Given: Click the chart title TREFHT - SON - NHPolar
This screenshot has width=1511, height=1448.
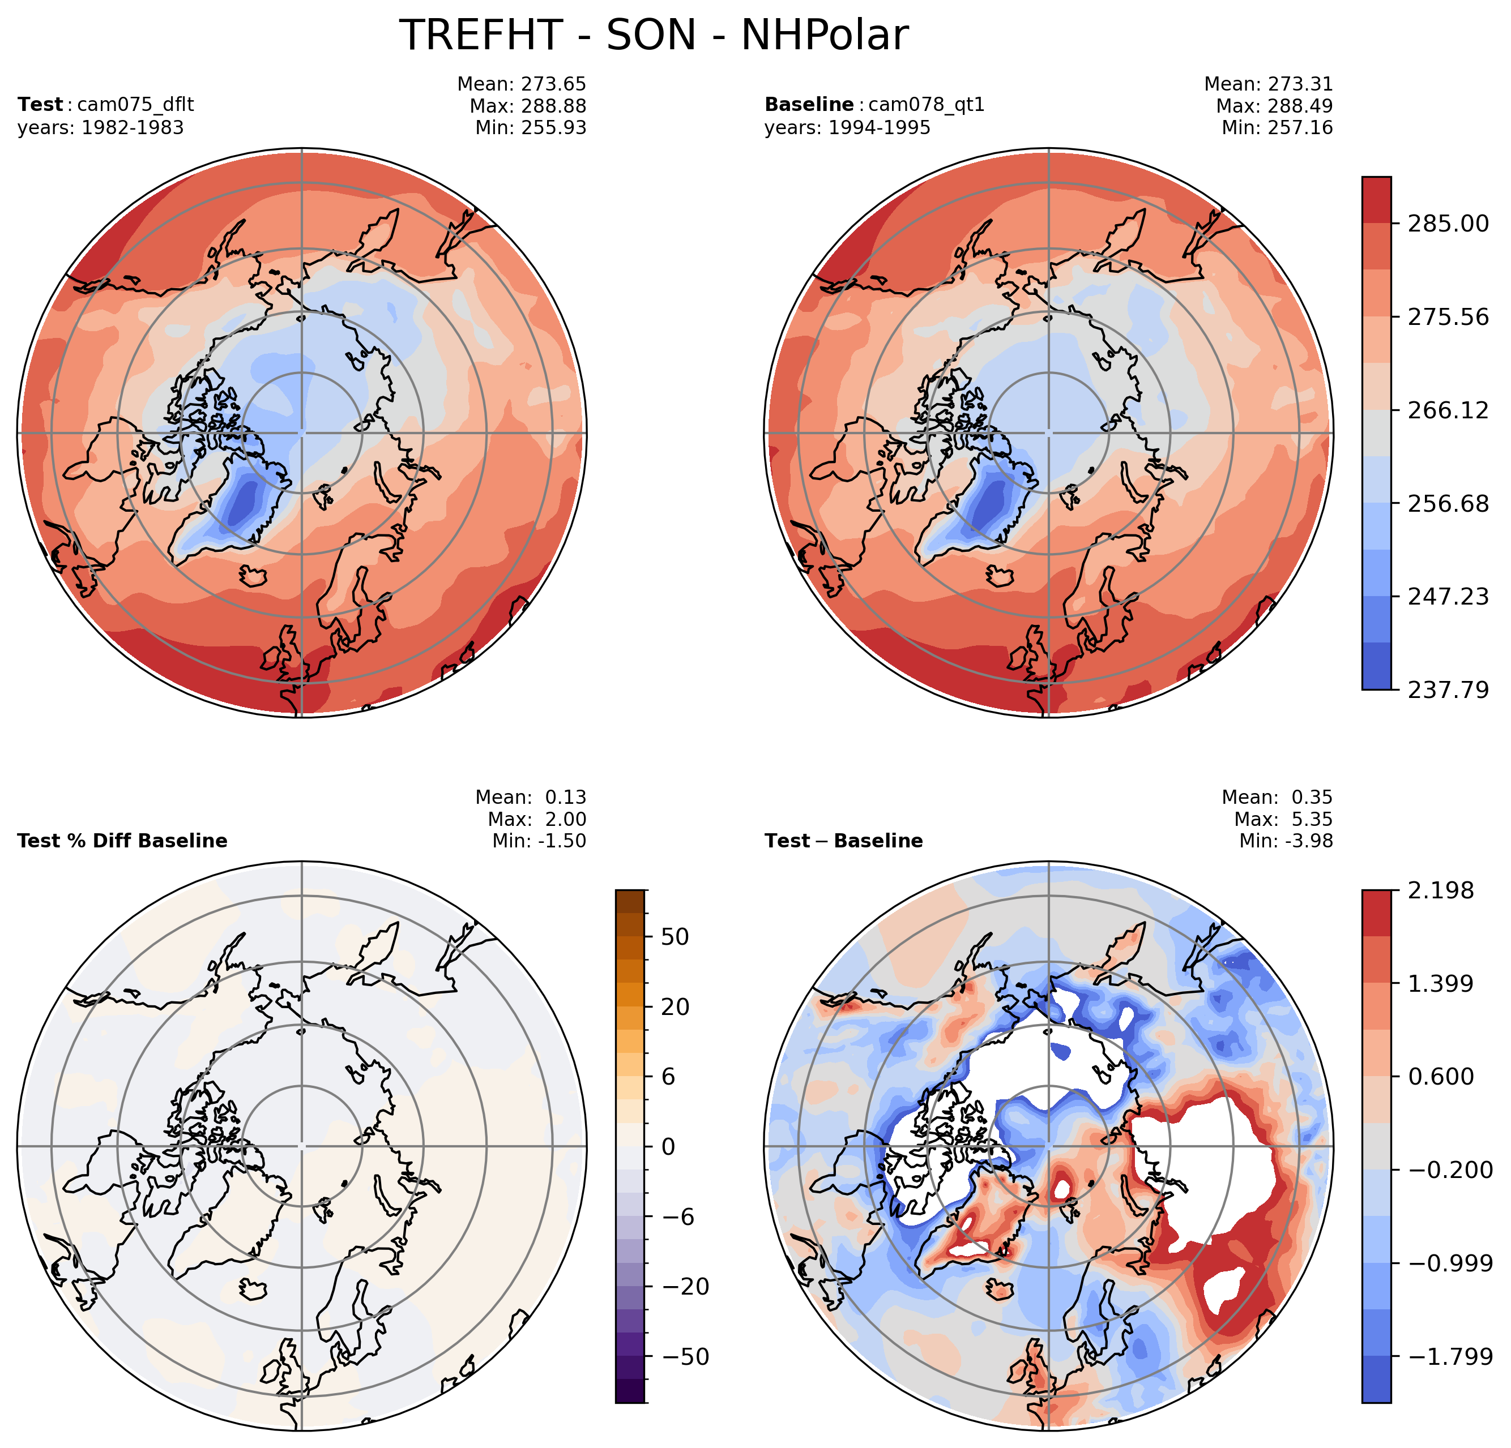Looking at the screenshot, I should click(654, 36).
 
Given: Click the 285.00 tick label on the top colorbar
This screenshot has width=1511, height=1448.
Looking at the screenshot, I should click(1448, 224).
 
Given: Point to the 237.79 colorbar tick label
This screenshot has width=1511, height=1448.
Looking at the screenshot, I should click(1448, 689).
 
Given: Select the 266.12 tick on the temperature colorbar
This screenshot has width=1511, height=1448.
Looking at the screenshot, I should click(1448, 410).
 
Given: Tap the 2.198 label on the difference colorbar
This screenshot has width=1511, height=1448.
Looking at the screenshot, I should click(1440, 891).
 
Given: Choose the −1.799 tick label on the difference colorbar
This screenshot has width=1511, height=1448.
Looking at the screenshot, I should click(1450, 1357).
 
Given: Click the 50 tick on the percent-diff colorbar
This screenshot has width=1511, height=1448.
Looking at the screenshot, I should click(675, 937).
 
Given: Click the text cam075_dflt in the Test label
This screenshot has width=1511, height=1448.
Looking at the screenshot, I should click(136, 104).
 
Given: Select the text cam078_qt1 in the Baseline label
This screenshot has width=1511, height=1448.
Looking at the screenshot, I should click(927, 104).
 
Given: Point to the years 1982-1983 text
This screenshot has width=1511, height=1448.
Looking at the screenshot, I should click(101, 127).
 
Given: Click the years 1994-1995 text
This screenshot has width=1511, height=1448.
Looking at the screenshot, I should click(847, 127).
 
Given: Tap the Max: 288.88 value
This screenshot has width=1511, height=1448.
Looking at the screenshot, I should click(527, 106).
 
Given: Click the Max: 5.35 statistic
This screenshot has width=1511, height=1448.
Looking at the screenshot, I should click(1283, 819).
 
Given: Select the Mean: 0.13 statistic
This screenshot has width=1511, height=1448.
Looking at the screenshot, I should click(531, 798).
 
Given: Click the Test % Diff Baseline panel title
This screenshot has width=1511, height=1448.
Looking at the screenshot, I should click(122, 841).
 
